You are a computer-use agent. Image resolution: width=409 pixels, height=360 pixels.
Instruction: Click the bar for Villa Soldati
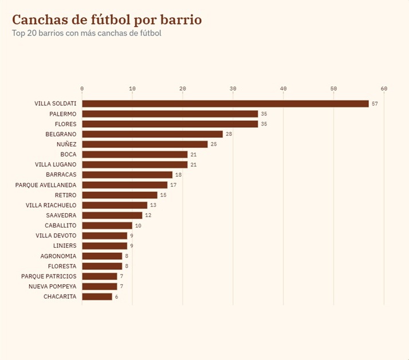tap(225, 104)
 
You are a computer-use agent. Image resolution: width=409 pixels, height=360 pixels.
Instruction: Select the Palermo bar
tap(170, 114)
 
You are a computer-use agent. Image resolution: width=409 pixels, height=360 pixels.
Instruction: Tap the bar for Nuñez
tap(145, 144)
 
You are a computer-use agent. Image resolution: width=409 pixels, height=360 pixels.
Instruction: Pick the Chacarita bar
tap(97, 296)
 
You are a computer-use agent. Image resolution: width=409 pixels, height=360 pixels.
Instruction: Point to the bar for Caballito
tap(107, 225)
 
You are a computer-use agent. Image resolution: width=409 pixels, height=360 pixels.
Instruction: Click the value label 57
tap(375, 104)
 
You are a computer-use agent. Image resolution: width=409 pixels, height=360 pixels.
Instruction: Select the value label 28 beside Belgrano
tap(229, 134)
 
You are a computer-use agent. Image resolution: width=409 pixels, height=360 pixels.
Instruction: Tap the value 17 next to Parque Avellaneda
tap(174, 185)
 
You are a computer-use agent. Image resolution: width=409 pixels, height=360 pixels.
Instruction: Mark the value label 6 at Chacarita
tap(117, 296)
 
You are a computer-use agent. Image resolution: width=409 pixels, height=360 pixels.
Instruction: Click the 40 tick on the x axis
tap(284, 88)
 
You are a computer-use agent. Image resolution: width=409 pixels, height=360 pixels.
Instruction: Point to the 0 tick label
tap(82, 88)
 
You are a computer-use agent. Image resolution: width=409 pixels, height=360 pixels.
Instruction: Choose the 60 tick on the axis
tap(384, 88)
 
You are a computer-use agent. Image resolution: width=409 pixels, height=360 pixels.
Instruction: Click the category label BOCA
tap(68, 154)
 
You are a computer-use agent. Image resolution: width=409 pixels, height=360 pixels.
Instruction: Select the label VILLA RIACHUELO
tap(51, 205)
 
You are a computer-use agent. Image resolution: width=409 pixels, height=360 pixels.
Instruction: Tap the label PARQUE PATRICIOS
tap(49, 276)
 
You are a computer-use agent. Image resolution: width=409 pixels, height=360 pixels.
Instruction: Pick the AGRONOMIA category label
tap(58, 256)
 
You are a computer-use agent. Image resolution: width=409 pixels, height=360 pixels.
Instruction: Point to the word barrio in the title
tap(181, 19)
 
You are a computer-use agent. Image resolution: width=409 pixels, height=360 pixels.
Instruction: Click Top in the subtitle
tap(18, 33)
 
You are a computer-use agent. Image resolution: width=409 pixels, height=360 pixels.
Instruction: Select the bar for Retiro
tap(120, 195)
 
